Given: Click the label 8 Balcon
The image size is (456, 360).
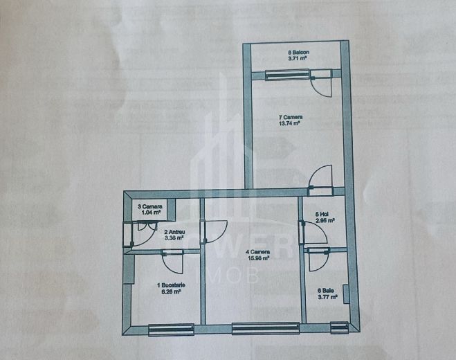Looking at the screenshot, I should pyautogui.click(x=298, y=53).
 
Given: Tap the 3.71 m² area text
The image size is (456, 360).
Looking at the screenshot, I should pyautogui.click(x=298, y=60).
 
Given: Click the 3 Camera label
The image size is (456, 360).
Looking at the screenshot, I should pyautogui.click(x=150, y=206).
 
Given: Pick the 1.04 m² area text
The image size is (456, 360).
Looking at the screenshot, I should pyautogui.click(x=150, y=213).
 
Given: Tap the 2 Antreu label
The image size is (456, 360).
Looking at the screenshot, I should pyautogui.click(x=174, y=232).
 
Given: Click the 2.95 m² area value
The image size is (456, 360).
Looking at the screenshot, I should pyautogui.click(x=325, y=222).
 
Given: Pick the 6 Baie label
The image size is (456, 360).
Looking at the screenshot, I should pyautogui.click(x=325, y=291).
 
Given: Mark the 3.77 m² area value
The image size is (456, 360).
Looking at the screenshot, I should pyautogui.click(x=328, y=298).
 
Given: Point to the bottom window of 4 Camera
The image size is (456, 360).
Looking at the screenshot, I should pyautogui.click(x=255, y=328).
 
